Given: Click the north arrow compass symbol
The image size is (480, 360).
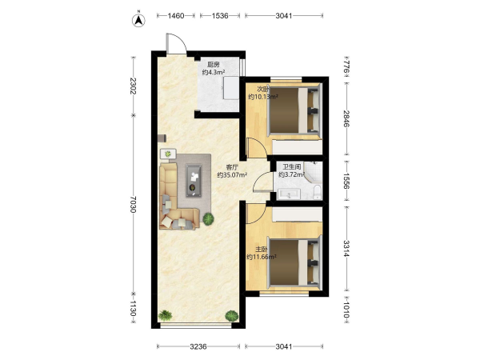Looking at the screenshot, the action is click(138, 20).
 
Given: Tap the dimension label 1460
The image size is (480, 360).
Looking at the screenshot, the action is click(176, 16).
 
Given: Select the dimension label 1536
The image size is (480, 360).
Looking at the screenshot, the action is click(220, 16).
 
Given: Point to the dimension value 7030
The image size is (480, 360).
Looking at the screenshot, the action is click(133, 204).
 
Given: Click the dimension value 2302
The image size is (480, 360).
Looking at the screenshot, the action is click(133, 86).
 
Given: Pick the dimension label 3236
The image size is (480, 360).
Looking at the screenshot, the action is click(198, 346).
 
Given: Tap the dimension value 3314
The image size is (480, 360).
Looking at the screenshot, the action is click(346, 249).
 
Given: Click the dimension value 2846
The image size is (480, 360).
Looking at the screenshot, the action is click(346, 118).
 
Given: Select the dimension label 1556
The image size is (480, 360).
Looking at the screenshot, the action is click(346, 181).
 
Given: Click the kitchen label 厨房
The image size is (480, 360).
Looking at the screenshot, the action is click(214, 65).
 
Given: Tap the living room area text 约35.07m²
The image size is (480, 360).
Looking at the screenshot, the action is click(232, 175).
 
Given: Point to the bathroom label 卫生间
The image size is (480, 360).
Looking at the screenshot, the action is click(291, 167).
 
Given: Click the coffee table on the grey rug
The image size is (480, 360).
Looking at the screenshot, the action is click(194, 181).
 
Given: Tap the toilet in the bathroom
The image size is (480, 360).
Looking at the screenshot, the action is click(318, 191).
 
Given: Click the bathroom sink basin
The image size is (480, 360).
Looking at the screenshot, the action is click(289, 194).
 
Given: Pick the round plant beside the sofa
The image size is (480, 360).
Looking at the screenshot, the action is click(209, 219).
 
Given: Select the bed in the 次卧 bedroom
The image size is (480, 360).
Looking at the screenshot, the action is click(294, 110).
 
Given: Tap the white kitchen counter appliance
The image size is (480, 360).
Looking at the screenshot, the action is click(231, 88).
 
